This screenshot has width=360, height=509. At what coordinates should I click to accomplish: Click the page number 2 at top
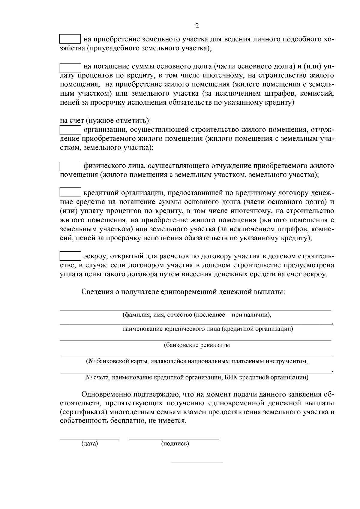[x=197, y=26]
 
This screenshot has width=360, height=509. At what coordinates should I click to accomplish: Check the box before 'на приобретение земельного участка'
[x=70, y=39]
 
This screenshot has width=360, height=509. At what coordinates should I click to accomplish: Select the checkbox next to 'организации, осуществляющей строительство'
[x=70, y=130]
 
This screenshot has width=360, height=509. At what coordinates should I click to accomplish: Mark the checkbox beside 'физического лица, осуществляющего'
[x=70, y=166]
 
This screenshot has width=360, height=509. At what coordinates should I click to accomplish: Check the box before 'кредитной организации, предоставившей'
[x=70, y=192]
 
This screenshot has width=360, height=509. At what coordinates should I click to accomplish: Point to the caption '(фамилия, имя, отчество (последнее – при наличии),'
[x=197, y=315]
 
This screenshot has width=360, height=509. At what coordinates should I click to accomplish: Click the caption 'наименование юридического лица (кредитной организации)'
[x=208, y=329]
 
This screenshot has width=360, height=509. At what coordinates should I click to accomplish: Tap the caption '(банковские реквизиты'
[x=197, y=345]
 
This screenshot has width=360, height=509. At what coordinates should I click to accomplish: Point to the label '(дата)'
[x=90, y=444]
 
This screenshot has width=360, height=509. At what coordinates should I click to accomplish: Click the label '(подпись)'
[x=175, y=444]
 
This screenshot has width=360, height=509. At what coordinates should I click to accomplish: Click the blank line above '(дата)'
[x=89, y=439]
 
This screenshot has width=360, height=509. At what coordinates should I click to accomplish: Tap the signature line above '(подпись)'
[x=174, y=439]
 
